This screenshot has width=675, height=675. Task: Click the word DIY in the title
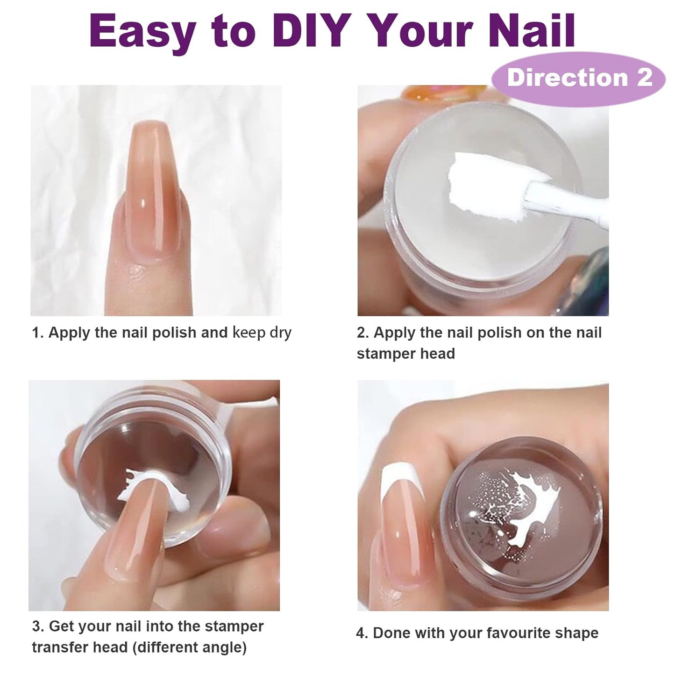click(x=312, y=30)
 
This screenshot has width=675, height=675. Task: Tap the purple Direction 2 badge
click(x=579, y=78)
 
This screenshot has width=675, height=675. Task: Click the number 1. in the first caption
click(x=37, y=333)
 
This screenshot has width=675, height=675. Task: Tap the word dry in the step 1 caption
click(x=280, y=333)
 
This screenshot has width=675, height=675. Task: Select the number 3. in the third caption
click(x=38, y=626)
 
